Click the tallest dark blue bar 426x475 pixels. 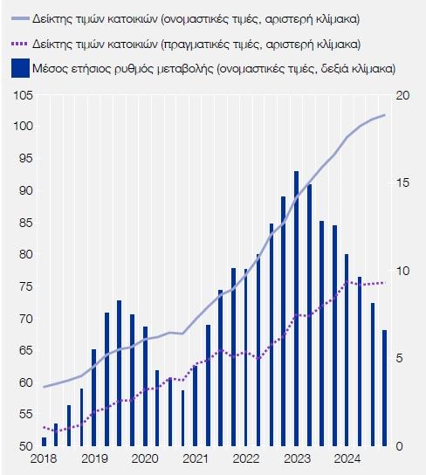coord(297,308)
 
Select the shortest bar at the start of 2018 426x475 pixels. coord(45,442)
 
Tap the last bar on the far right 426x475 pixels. coord(384,388)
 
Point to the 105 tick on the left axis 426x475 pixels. coord(24,96)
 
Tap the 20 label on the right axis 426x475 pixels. coord(402,96)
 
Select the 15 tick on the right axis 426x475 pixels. coord(402,183)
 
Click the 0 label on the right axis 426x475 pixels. coord(399,446)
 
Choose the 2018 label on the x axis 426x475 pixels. coord(44,458)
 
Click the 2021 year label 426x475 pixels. coord(196,458)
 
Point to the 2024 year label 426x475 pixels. coord(347,458)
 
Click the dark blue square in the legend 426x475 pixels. coord(21,68)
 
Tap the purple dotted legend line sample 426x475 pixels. coord(21,45)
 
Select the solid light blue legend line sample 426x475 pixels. coord(21,19)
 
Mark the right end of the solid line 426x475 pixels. coord(385,115)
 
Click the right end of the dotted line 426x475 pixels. coord(384,283)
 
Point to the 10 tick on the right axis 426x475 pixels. coord(402,271)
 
